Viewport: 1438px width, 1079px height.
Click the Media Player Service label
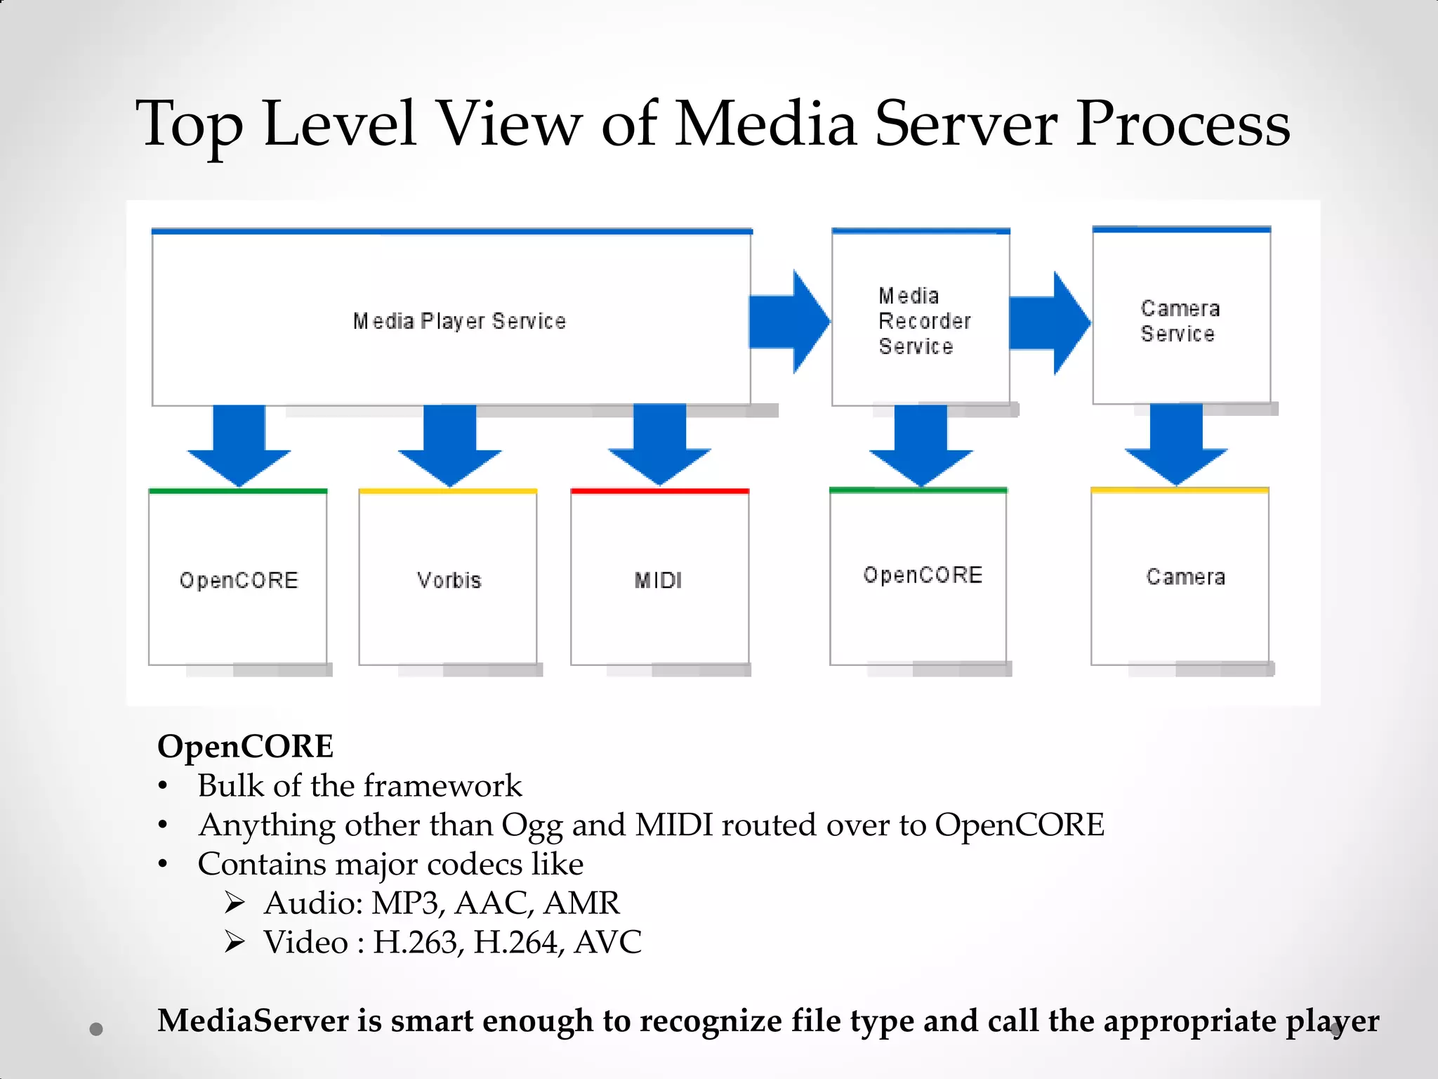(459, 321)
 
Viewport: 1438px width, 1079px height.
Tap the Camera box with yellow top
(1180, 577)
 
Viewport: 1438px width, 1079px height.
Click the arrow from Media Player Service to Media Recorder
(789, 322)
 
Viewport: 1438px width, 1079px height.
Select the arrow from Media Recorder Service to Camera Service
(1049, 323)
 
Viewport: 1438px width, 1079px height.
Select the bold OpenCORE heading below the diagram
(245, 746)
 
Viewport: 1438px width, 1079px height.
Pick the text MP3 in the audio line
(406, 903)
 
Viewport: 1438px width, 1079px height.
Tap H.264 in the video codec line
(515, 943)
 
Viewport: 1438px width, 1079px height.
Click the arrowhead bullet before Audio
(235, 903)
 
